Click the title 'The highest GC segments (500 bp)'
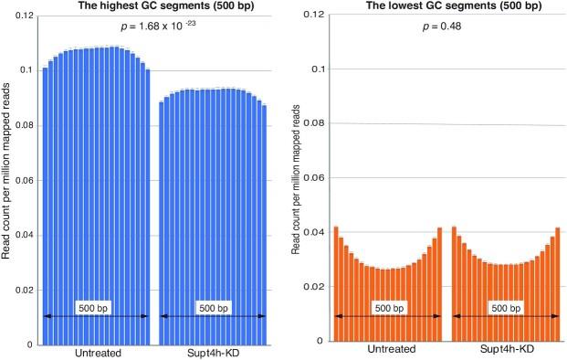pos(153,5)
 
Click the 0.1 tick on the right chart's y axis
pos(316,69)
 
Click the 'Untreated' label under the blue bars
pos(96,352)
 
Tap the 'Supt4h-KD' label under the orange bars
pos(507,349)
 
